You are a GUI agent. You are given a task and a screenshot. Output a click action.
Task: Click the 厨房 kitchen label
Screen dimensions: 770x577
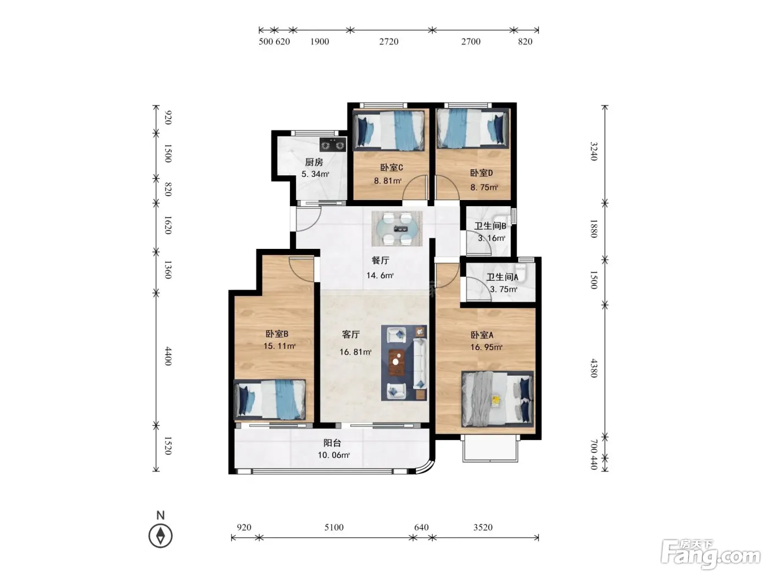coord(313,162)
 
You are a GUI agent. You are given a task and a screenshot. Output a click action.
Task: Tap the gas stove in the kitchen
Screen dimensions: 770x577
coord(333,145)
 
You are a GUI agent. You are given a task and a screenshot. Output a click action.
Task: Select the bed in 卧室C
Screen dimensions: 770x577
coord(389,131)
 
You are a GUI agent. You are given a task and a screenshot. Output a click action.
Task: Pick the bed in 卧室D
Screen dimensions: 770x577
coord(472,129)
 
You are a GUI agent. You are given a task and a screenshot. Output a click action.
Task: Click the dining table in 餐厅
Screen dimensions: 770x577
coord(397,229)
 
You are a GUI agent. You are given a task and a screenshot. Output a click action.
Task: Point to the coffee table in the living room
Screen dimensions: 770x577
coord(397,362)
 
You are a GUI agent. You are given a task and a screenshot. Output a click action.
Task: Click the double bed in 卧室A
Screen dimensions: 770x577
coord(497,399)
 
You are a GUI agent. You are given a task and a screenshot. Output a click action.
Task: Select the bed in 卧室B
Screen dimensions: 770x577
coord(269,400)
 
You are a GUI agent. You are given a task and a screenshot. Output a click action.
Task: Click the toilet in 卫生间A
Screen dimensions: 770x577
coord(521,273)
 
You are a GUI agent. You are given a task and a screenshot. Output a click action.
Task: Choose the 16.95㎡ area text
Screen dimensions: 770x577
coord(486,347)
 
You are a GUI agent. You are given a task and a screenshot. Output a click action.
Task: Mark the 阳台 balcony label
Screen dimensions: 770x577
coord(332,443)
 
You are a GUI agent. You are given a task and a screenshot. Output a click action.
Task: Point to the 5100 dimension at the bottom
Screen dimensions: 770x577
coord(334,527)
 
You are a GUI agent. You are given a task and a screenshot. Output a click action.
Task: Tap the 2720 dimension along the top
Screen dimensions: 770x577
coord(389,42)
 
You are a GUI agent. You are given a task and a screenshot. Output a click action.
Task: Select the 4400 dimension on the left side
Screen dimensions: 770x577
coord(168,356)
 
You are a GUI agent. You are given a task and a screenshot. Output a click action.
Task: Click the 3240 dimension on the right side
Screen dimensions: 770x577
coord(593,151)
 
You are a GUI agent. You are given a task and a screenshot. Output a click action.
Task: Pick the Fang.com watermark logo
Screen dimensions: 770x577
coord(711,554)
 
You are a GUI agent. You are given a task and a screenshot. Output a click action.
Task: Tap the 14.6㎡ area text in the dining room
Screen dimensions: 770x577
coord(380,275)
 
